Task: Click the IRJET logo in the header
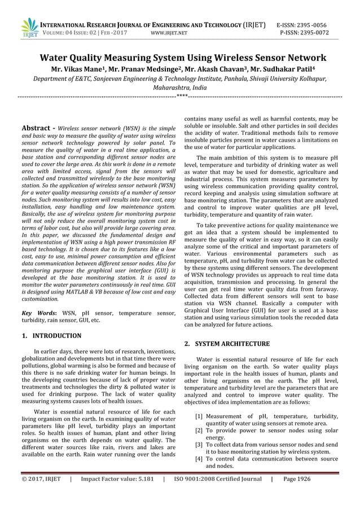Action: point(28,28)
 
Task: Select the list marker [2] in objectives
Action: point(199,431)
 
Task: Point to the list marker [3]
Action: point(199,445)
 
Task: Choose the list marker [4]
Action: point(199,459)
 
